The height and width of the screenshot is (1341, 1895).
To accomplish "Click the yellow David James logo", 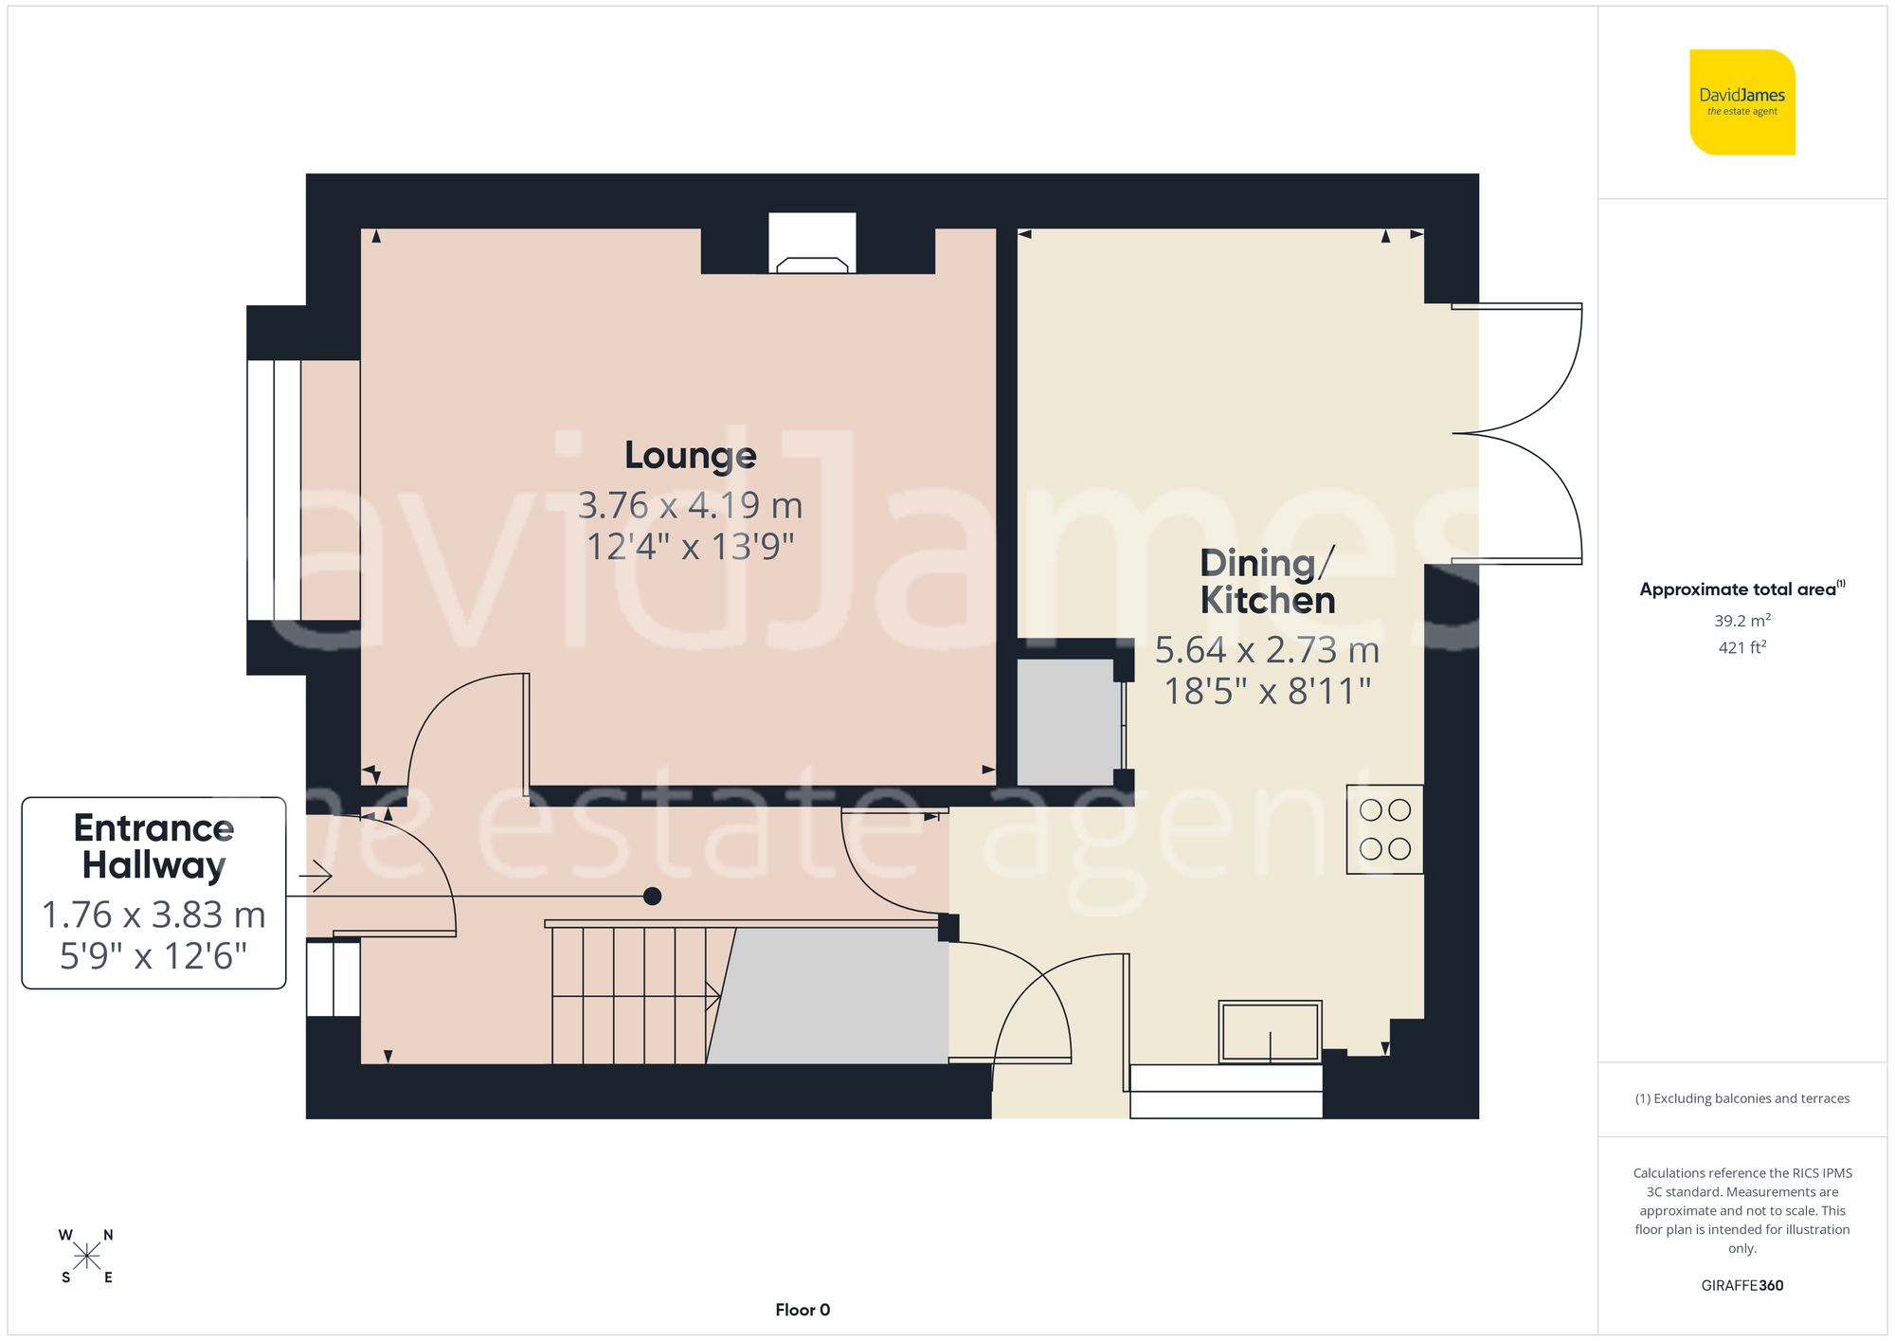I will click(1742, 102).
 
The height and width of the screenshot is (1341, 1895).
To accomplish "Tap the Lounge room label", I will click(690, 456).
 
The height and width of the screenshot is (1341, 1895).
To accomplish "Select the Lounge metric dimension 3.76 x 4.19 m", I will click(690, 505).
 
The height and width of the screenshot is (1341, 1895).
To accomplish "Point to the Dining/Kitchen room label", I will click(1267, 582).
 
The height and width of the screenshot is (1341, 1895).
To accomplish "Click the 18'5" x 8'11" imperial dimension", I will click(1267, 692).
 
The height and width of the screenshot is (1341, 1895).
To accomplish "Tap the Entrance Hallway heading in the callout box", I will click(153, 846).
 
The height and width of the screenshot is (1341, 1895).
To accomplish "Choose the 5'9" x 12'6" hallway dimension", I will click(153, 956).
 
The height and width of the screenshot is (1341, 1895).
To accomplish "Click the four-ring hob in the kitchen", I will click(1384, 829).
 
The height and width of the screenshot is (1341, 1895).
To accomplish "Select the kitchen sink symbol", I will click(1270, 1031).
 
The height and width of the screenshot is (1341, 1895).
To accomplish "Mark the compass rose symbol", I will click(86, 1257).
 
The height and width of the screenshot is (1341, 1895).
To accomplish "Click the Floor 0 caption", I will click(802, 1310).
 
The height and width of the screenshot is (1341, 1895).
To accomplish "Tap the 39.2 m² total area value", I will click(1742, 621).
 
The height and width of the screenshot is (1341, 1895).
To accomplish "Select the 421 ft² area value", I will click(1742, 647).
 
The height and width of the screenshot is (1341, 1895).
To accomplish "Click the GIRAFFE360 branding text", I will click(1742, 1285).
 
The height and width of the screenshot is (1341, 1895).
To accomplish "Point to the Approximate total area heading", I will click(1742, 589).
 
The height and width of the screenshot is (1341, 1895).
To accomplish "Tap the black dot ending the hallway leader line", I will click(652, 896).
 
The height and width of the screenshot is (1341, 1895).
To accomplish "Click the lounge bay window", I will click(275, 490).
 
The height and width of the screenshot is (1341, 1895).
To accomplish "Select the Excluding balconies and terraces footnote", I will click(1742, 1098).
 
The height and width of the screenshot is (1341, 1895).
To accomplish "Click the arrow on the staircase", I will click(713, 996).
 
